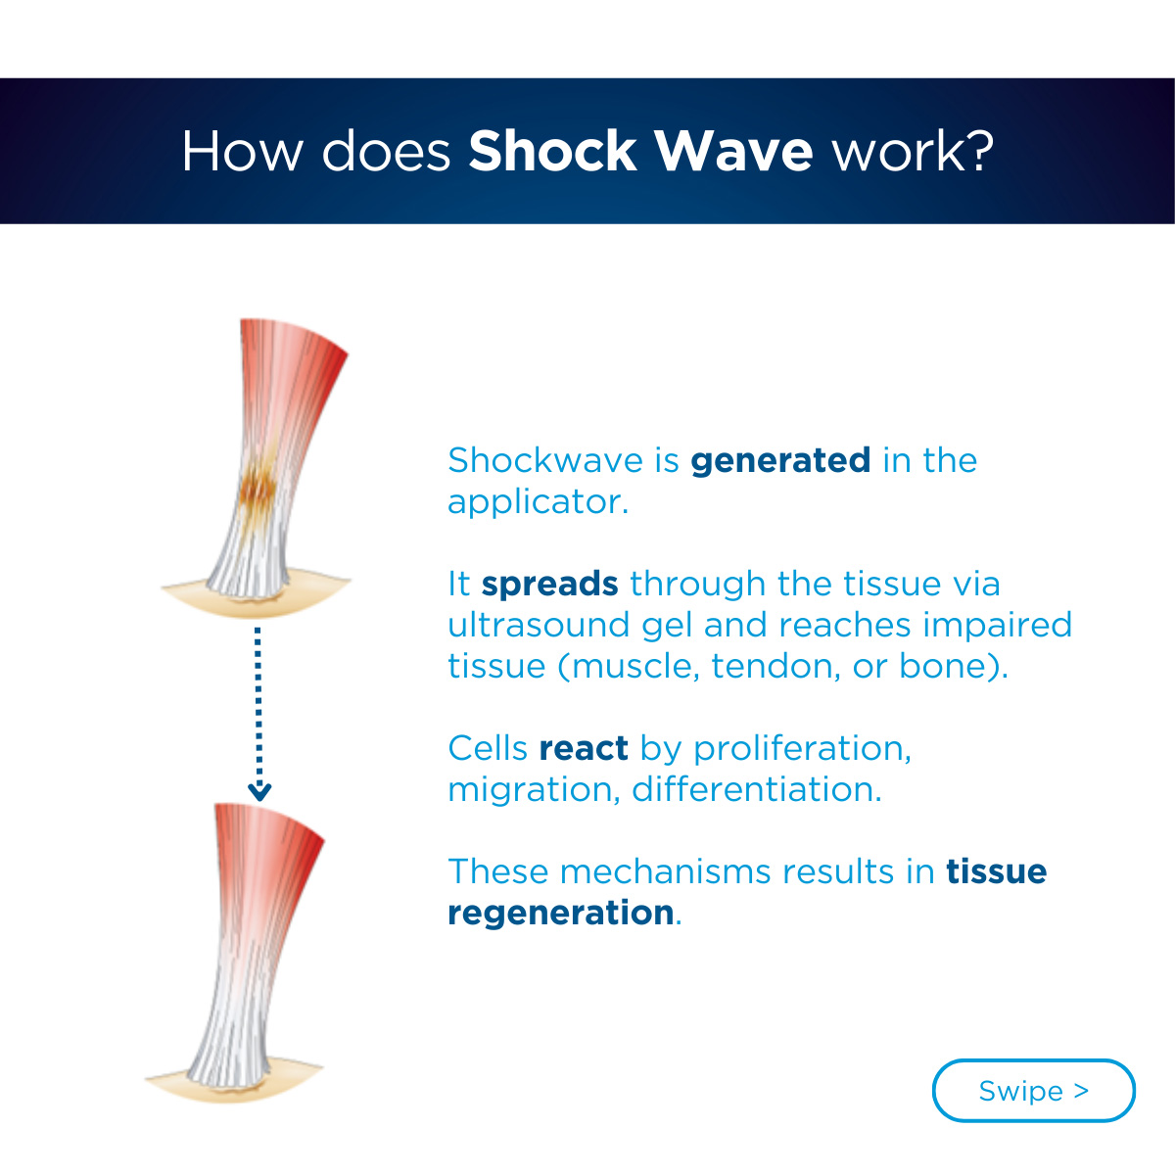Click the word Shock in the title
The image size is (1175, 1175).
tap(552, 151)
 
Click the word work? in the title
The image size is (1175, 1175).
tap(914, 151)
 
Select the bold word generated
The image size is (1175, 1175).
tap(779, 461)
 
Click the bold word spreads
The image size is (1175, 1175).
tap(550, 586)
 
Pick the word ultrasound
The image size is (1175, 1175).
tap(539, 625)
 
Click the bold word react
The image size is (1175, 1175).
tap(584, 749)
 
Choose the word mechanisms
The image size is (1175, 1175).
tap(665, 872)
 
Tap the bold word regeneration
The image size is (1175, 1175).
tap(561, 914)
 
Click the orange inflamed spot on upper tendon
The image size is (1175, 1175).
tap(258, 489)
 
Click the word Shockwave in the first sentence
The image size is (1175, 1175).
tap(545, 461)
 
